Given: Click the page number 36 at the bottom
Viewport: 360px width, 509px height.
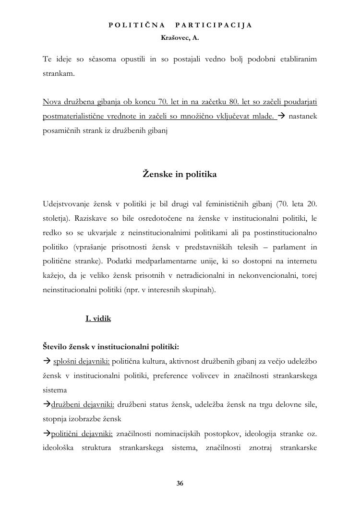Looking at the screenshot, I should pos(180,483).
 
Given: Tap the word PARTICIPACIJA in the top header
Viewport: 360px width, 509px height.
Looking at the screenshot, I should pos(214,25).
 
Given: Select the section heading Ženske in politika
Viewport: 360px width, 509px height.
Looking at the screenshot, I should pos(180,174).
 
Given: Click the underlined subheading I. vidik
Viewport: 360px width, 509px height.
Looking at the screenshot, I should pos(98,318).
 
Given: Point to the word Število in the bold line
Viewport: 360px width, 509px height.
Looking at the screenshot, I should pos(56,346).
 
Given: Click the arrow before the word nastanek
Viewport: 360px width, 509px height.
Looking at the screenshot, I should pos(282,116).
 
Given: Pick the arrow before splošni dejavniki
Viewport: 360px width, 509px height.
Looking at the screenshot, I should pos(47,361).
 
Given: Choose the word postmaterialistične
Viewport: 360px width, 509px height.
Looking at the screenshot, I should pos(74,116).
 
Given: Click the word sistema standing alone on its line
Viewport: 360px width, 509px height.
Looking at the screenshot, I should pos(55,390).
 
